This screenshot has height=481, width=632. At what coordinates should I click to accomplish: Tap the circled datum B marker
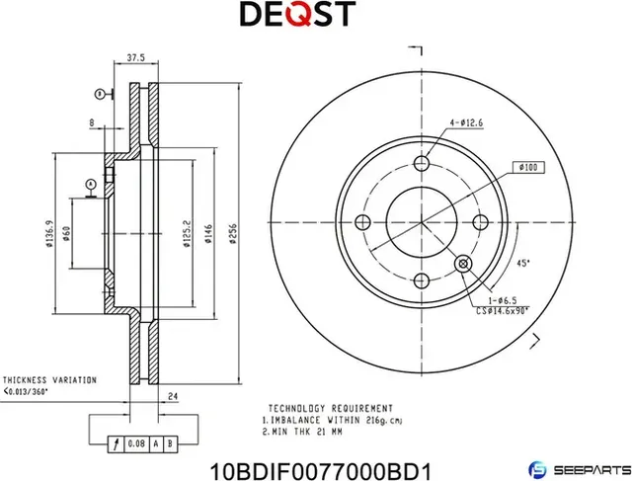click(x=100, y=93)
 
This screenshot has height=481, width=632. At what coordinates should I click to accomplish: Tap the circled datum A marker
click(x=90, y=184)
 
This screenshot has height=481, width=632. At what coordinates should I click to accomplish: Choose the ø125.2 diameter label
click(x=185, y=233)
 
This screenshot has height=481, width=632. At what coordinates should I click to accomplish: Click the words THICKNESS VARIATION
click(x=48, y=379)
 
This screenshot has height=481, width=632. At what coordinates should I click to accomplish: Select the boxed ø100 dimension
click(x=527, y=168)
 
